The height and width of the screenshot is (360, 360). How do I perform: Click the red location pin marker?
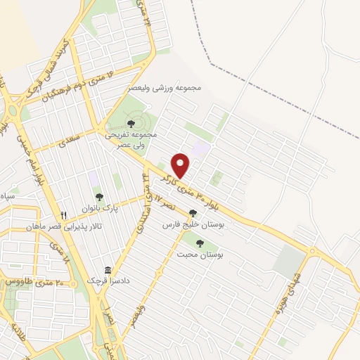click(181, 166)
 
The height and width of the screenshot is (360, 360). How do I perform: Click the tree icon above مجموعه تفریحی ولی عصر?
click(131, 124)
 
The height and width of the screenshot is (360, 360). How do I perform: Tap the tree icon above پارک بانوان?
click(98, 198)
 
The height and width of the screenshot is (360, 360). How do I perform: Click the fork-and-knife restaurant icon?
click(64, 215)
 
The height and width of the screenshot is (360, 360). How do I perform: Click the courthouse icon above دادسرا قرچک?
click(108, 271)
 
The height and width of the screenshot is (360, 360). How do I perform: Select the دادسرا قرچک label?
click(108, 281)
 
